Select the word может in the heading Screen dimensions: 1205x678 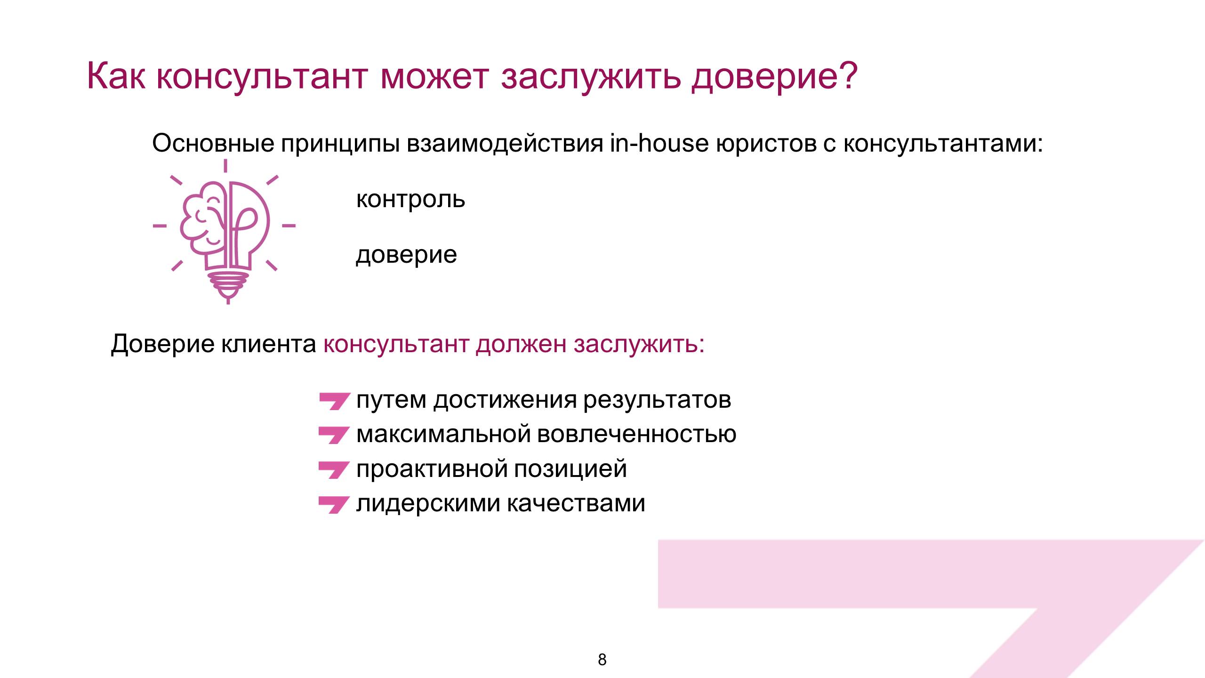pyautogui.click(x=434, y=77)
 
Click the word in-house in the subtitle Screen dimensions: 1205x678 pyautogui.click(x=659, y=143)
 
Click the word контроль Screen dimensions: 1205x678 pyautogui.click(x=410, y=200)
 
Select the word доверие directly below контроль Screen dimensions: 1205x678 pyautogui.click(x=407, y=256)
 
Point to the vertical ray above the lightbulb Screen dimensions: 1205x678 pyautogui.click(x=225, y=166)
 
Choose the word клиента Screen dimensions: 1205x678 pyautogui.click(x=269, y=344)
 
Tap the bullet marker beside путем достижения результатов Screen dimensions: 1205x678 pyautogui.click(x=334, y=401)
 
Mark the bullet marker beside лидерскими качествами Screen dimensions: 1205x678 pyautogui.click(x=334, y=505)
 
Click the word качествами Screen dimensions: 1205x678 pyautogui.click(x=576, y=504)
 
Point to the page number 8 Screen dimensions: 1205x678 pyautogui.click(x=602, y=660)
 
